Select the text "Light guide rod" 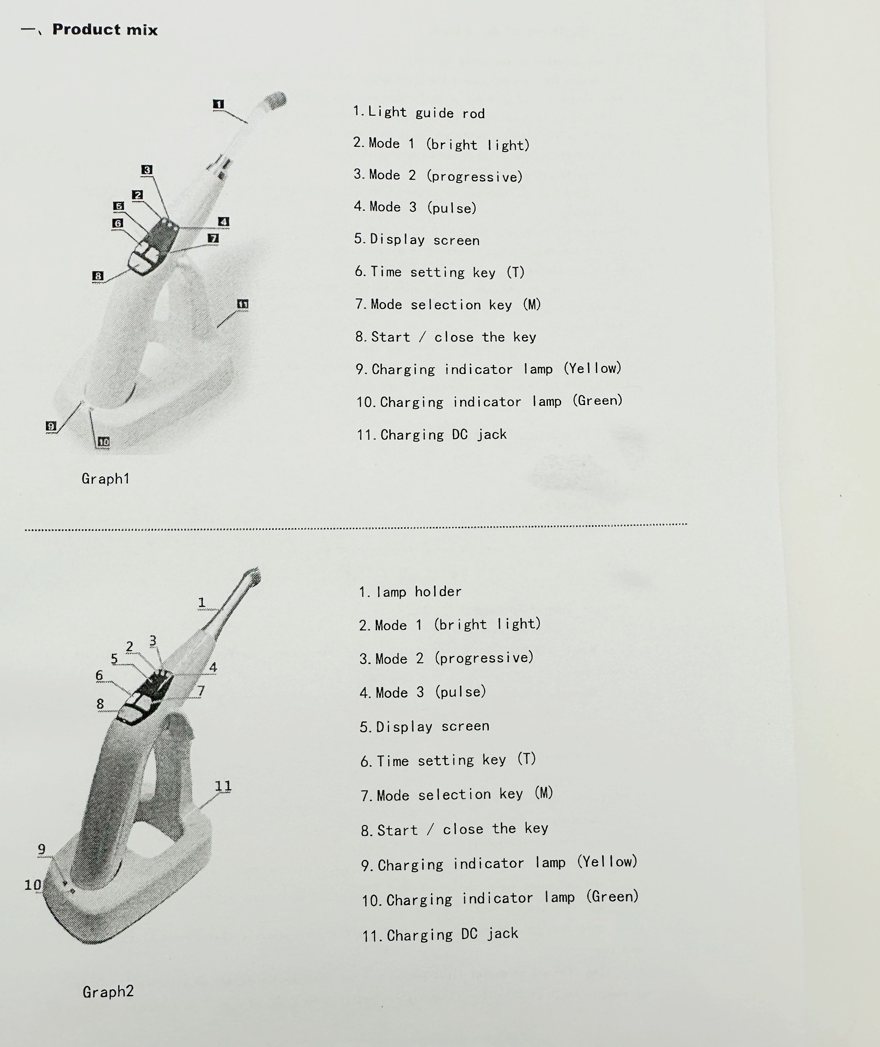426,112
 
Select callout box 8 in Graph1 98,276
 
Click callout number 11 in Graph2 223,786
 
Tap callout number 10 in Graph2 33,885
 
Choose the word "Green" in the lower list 613,897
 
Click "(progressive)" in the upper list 474,176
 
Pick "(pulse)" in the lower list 460,692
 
